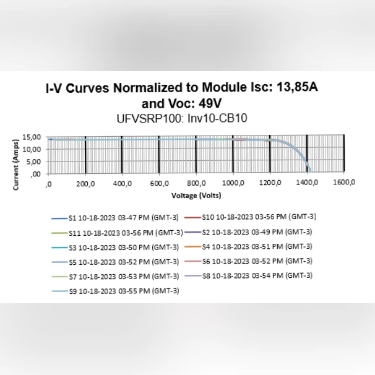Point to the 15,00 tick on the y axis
(32, 137)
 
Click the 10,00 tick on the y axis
(32, 149)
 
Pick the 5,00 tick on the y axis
(33, 162)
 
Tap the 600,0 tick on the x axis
(159, 183)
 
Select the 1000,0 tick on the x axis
(233, 183)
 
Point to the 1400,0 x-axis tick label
(307, 183)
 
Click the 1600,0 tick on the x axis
(344, 183)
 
